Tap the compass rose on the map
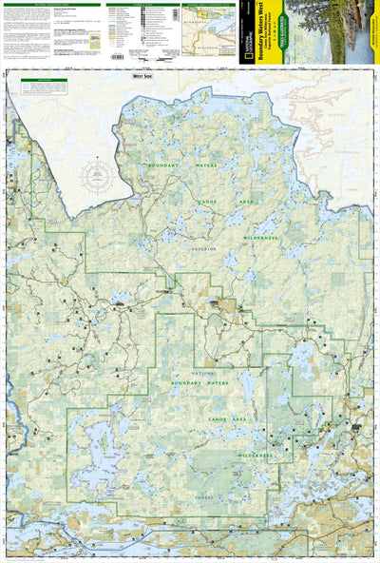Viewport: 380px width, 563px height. pos(97,177)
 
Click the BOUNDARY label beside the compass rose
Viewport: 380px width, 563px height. pos(164,167)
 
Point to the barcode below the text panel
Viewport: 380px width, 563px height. pos(117,56)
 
